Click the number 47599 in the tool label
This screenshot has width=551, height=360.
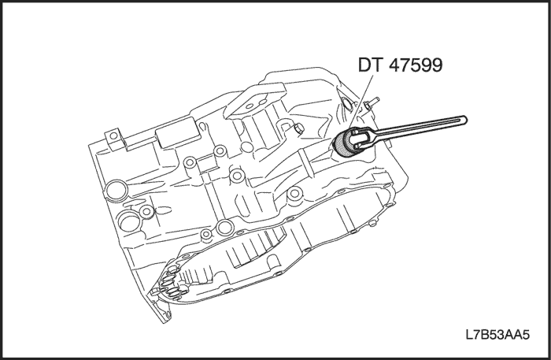(x=416, y=65)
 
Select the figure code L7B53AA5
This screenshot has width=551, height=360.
(x=497, y=335)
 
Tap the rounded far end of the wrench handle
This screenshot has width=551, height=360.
(x=464, y=120)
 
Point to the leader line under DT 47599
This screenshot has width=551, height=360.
(x=361, y=102)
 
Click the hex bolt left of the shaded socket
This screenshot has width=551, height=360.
(x=298, y=128)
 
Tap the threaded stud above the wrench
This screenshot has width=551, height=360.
(x=371, y=103)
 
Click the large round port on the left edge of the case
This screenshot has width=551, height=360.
(x=116, y=191)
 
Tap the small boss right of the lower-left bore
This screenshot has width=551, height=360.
(x=146, y=213)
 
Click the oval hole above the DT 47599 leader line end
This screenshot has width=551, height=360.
(x=346, y=105)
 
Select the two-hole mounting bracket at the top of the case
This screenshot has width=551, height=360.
(x=256, y=99)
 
